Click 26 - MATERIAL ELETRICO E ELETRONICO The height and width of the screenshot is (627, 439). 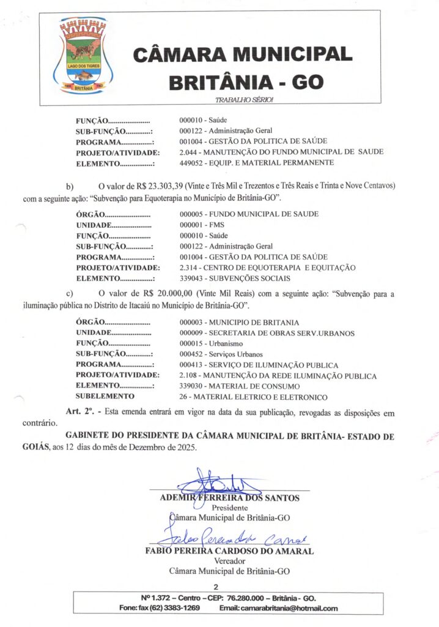click(253, 397)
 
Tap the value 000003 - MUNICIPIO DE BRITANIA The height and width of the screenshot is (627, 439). click(239, 322)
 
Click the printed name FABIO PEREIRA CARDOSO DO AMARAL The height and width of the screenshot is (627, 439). click(229, 550)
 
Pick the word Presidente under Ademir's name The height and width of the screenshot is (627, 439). click(229, 508)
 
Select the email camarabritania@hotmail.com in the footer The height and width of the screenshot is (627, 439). click(278, 608)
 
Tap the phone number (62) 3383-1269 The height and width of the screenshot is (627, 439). click(177, 608)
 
